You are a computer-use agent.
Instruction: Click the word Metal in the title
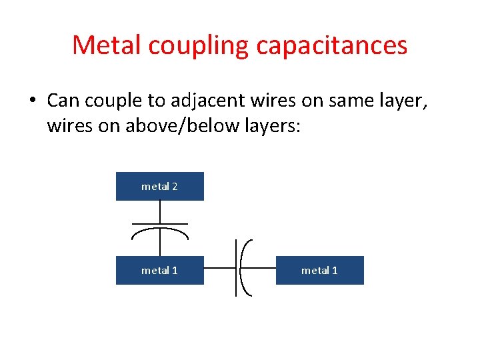pos(107,45)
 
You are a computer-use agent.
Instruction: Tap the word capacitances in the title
pos(331,45)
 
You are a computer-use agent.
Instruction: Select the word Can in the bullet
pos(63,101)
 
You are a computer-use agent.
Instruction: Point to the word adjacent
pos(201,102)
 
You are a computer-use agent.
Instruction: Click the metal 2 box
pos(160,187)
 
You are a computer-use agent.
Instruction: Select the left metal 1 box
pos(160,270)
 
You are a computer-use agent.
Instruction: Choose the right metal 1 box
pos(320,270)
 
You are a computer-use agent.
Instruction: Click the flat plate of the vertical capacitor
pos(160,223)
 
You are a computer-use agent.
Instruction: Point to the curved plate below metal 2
pos(160,231)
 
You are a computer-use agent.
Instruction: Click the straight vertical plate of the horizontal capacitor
pos(237,267)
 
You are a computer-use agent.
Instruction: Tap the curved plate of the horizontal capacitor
pos(243,267)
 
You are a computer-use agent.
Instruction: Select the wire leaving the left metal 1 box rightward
pos(219,267)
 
